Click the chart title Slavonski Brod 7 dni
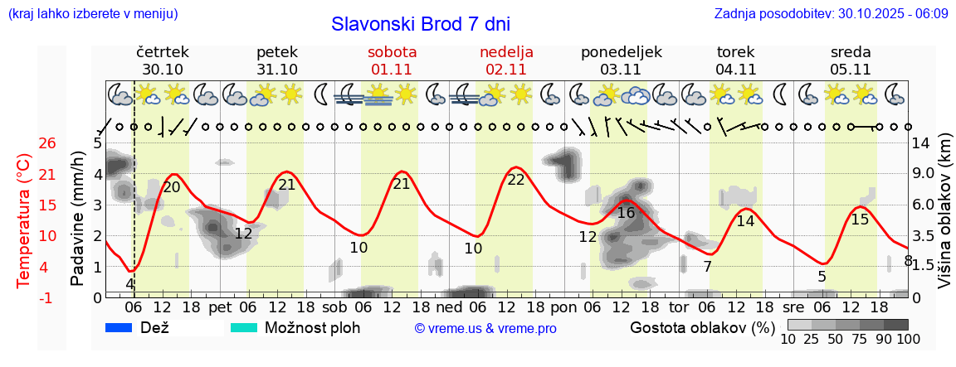pyautogui.click(x=421, y=24)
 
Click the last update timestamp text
pyautogui.click(x=831, y=14)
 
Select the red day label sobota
pyautogui.click(x=392, y=52)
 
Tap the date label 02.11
pyautogui.click(x=506, y=70)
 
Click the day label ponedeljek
pyautogui.click(x=622, y=52)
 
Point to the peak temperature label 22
pyautogui.click(x=516, y=179)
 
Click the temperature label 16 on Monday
pyautogui.click(x=627, y=213)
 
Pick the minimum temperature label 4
pyautogui.click(x=129, y=283)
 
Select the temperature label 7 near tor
pyautogui.click(x=707, y=267)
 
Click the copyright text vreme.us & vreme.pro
pyautogui.click(x=485, y=328)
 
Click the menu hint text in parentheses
pyautogui.click(x=92, y=14)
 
